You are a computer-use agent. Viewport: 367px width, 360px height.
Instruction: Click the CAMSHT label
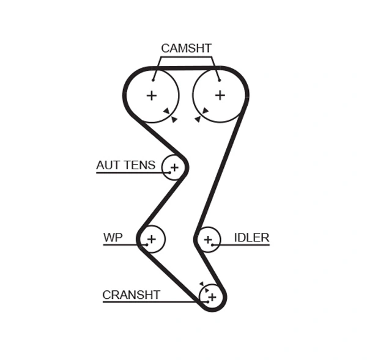(x=186, y=48)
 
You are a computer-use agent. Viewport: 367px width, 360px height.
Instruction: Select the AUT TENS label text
(x=126, y=165)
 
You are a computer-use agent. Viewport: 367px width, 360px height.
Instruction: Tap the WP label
(x=113, y=237)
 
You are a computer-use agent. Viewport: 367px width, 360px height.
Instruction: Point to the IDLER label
(x=251, y=238)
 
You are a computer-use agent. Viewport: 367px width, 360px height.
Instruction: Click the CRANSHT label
(x=131, y=295)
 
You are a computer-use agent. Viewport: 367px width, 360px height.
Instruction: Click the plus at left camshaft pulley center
(x=151, y=95)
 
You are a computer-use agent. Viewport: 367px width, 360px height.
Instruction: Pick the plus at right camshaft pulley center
(x=220, y=95)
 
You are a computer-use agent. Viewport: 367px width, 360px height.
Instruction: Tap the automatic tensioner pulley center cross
(x=174, y=167)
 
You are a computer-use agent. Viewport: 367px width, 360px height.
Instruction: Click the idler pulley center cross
(x=208, y=239)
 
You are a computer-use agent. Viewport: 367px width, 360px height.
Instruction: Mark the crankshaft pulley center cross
(x=212, y=297)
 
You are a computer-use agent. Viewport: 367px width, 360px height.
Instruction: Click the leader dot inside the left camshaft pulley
(x=154, y=79)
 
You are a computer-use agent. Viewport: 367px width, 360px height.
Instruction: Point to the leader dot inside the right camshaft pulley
(x=218, y=79)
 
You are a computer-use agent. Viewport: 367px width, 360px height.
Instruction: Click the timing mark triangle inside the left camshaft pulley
(x=166, y=111)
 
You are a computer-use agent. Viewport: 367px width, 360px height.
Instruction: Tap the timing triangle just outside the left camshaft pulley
(x=174, y=119)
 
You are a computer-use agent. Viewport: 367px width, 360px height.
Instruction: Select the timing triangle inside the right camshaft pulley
(x=206, y=111)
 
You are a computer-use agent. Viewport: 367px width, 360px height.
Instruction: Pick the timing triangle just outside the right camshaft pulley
(x=197, y=119)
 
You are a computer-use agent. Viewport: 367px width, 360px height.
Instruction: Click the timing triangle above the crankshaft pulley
(x=202, y=284)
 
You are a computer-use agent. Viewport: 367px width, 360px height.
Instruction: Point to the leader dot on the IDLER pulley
(x=214, y=245)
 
